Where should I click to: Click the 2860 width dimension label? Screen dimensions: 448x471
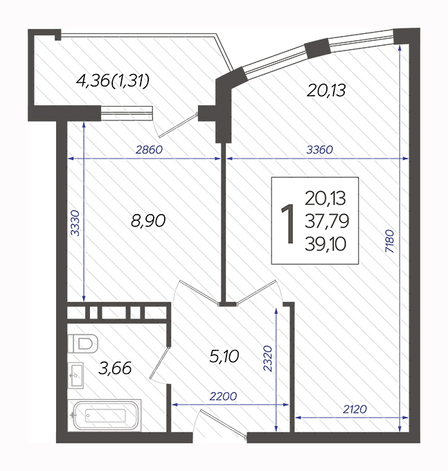149,150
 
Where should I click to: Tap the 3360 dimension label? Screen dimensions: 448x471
319,150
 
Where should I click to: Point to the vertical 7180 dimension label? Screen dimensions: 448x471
389,241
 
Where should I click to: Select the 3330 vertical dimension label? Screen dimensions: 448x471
75,223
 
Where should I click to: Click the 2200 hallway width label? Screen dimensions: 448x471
223,396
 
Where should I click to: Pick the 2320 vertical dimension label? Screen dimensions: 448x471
267,359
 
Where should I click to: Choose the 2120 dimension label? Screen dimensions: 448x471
355,409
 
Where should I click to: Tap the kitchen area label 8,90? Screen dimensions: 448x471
148,221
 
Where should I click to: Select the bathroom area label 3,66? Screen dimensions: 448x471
115,368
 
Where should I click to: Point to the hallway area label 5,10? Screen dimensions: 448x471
224,357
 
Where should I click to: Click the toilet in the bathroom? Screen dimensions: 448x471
83,344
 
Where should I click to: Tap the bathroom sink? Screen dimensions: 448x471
75,375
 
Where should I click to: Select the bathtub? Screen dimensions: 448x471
105,416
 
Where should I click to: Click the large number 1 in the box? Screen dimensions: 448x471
287,223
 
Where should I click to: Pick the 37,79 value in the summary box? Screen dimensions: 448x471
327,221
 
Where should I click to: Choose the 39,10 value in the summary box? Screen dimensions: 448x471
325,244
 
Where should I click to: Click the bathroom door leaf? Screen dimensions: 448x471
159,363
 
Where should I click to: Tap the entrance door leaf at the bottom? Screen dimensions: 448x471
223,423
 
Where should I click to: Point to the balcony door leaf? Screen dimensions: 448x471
178,125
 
